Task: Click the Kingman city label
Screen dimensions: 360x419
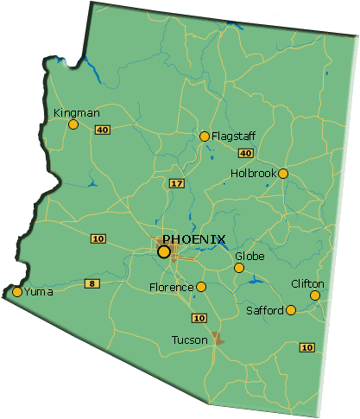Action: (76, 113)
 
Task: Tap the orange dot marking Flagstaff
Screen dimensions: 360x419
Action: (205, 136)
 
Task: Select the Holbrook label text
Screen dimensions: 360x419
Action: (252, 174)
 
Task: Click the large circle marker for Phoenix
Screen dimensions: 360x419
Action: (164, 251)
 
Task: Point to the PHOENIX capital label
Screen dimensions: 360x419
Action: (194, 239)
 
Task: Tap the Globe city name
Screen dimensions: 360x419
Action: (249, 257)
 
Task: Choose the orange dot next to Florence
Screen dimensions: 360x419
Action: (201, 287)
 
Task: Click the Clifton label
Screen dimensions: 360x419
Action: (307, 284)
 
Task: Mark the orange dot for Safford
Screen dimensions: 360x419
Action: (291, 310)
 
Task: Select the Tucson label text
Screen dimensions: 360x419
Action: (190, 340)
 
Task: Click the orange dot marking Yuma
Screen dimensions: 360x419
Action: (17, 292)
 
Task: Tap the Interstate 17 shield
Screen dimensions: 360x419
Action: (176, 183)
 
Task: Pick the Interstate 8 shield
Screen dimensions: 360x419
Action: (91, 283)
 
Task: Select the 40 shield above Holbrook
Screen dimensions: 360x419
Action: (245, 153)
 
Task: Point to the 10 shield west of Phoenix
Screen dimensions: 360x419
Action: (98, 238)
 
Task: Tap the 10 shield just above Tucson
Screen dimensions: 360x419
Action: (199, 318)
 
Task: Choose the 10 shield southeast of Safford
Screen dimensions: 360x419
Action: (306, 347)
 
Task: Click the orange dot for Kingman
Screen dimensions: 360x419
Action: (73, 124)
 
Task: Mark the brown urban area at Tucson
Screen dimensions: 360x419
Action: (217, 338)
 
